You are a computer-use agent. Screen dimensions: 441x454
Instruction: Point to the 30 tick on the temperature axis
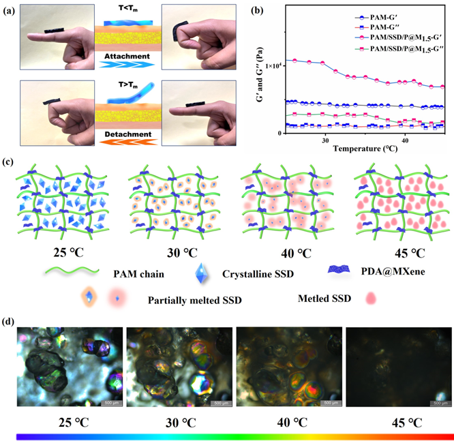pos(325,140)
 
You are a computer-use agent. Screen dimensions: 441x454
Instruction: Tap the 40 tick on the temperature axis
pos(405,140)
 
